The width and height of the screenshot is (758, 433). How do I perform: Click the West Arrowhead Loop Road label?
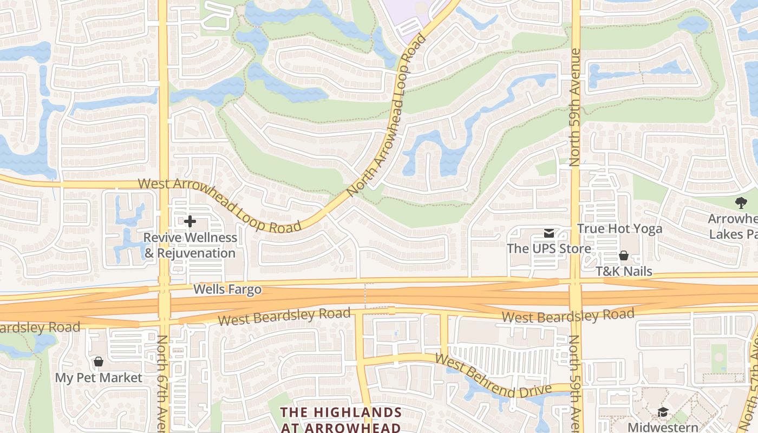point(219,206)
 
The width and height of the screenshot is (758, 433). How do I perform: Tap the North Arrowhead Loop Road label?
point(387,116)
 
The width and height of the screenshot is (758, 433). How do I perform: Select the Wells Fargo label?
point(227,290)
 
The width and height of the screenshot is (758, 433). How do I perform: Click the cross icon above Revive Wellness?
point(190,221)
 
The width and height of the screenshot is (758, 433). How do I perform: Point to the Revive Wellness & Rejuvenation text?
point(190,245)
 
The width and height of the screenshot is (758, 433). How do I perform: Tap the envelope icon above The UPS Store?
point(549,233)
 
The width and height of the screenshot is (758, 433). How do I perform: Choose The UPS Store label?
point(549,249)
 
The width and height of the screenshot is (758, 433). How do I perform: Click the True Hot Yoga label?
point(619,228)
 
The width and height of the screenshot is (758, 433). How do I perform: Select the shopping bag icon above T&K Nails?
point(624,255)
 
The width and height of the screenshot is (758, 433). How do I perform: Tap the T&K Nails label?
point(624,271)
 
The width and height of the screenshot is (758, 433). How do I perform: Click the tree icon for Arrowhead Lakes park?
point(741,203)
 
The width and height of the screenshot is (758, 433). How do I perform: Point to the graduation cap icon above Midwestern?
point(663,412)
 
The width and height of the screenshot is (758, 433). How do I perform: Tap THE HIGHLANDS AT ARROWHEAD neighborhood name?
point(341,419)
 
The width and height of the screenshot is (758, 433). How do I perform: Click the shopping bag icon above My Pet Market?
point(99,362)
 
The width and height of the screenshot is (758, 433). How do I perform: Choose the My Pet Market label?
point(99,378)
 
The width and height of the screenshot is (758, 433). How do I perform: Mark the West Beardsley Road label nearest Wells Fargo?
point(284,317)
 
